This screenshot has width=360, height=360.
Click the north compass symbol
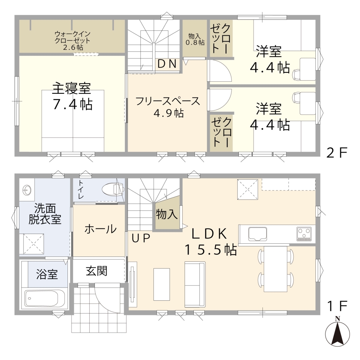337,333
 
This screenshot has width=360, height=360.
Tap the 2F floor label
337,152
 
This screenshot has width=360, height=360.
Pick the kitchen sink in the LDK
257,234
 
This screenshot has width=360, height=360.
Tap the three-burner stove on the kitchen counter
304,234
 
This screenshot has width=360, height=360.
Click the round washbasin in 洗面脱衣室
27,190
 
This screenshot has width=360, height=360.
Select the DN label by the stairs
167,64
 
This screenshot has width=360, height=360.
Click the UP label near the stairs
141,238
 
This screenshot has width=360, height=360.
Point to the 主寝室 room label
71,88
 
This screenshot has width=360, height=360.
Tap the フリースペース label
168,101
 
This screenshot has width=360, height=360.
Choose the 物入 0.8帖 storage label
195,39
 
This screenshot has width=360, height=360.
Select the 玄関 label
97,271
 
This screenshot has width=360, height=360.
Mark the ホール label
100,229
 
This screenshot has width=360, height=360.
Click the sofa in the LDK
195,284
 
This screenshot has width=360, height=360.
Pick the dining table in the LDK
276,269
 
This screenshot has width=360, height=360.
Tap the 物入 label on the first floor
166,214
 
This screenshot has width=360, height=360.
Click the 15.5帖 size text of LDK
211,250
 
